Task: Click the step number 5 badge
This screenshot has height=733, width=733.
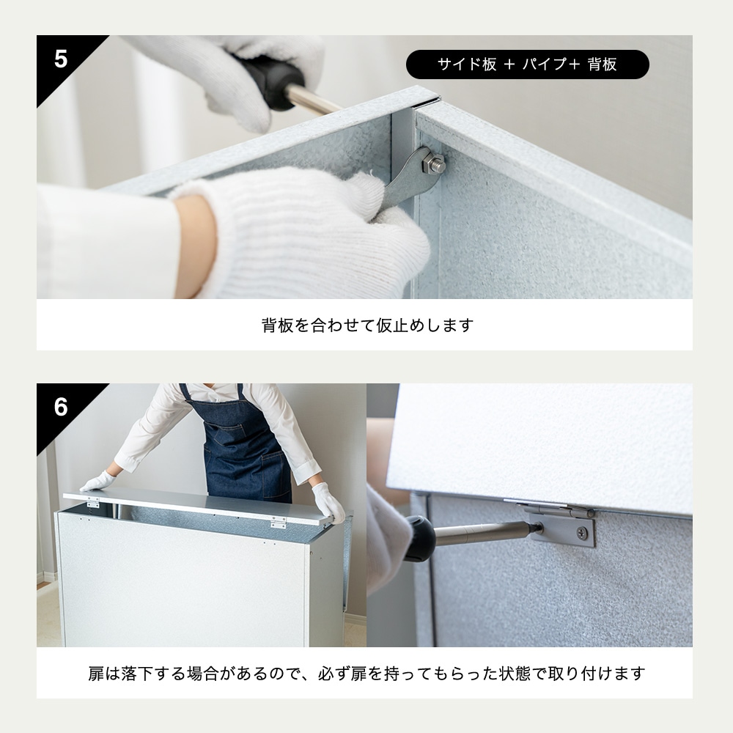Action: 60,59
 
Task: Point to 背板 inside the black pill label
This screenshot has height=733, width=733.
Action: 602,65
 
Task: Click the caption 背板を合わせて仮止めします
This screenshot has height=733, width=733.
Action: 367,325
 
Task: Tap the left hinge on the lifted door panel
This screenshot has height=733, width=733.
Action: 92,504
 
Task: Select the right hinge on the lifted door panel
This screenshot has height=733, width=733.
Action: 278,522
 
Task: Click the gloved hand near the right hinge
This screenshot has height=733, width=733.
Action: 327,502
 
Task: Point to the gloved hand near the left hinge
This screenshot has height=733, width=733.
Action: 97,482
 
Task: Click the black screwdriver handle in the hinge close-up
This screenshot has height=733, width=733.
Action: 420,539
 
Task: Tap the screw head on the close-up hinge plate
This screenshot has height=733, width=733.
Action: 581,533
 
